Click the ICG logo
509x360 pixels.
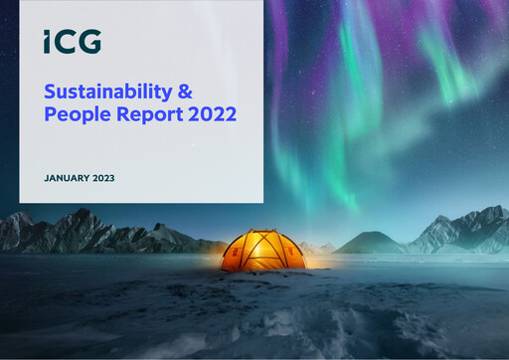[72, 42]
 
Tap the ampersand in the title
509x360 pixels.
[186, 91]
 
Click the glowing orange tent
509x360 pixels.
[262, 251]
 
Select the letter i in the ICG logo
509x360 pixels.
[48, 42]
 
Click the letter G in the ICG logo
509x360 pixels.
[89, 42]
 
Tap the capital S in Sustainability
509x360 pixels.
[50, 91]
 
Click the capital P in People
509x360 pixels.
[51, 114]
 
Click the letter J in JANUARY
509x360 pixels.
[47, 178]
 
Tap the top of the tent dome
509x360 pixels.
[262, 234]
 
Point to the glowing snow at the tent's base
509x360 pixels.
[262, 271]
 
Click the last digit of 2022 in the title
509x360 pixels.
[231, 114]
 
